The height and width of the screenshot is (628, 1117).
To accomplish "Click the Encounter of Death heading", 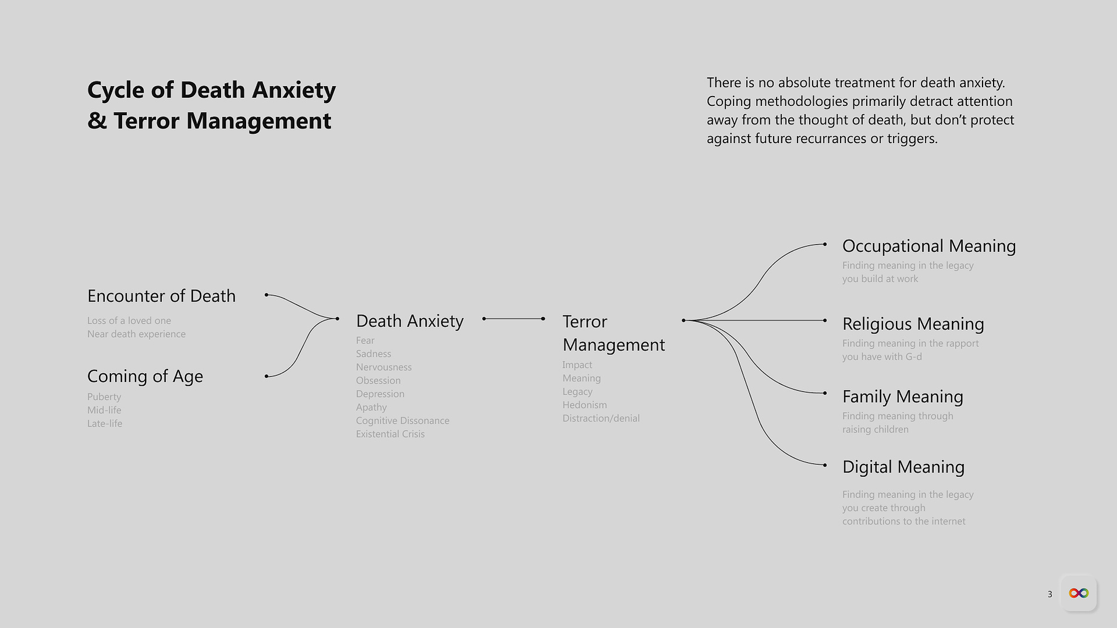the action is pyautogui.click(x=161, y=296).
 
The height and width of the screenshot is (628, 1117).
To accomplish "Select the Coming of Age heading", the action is pyautogui.click(x=145, y=377).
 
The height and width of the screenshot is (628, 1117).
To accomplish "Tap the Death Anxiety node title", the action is pyautogui.click(x=410, y=321).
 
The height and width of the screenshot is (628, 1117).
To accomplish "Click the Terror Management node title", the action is pyautogui.click(x=614, y=333).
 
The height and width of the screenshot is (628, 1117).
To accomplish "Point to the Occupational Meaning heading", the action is pyautogui.click(x=929, y=246).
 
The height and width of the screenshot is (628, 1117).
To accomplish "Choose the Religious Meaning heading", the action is pyautogui.click(x=913, y=324).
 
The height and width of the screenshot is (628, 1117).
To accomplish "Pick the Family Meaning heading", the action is pyautogui.click(x=903, y=397).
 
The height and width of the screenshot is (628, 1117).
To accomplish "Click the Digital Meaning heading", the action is pyautogui.click(x=903, y=467).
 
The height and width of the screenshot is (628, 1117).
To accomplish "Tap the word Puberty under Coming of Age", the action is pyautogui.click(x=104, y=397).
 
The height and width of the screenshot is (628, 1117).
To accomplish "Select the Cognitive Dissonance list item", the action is pyautogui.click(x=403, y=421).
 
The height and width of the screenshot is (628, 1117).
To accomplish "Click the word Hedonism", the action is pyautogui.click(x=584, y=405).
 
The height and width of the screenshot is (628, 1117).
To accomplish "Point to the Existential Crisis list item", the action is pyautogui.click(x=391, y=434).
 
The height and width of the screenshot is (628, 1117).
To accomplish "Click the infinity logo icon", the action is pyautogui.click(x=1079, y=593).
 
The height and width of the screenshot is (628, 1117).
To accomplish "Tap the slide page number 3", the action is pyautogui.click(x=1049, y=594).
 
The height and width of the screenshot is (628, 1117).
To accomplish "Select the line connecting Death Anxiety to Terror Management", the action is pyautogui.click(x=513, y=319).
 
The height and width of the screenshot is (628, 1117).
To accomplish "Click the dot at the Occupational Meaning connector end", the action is pyautogui.click(x=825, y=244).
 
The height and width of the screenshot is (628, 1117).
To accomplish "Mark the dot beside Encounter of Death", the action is pyautogui.click(x=266, y=295).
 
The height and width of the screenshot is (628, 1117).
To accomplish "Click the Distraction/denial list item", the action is pyautogui.click(x=601, y=418).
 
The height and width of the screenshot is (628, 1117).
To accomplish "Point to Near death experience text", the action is pyautogui.click(x=136, y=334).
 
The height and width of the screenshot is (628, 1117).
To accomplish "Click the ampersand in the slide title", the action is pyautogui.click(x=97, y=121).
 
